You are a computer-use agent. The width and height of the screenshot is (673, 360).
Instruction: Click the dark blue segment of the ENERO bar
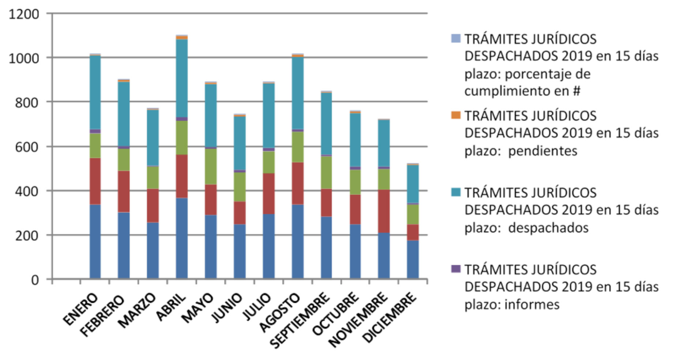point(95,241)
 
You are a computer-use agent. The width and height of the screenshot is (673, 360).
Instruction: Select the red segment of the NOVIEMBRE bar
point(384,211)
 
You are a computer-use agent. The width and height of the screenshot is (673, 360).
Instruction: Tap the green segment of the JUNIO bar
point(240,187)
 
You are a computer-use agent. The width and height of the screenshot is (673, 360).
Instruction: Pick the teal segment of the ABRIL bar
point(182,78)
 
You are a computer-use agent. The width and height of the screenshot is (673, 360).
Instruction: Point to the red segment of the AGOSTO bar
point(298,183)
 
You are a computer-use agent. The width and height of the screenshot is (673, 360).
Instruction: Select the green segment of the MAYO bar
point(211,166)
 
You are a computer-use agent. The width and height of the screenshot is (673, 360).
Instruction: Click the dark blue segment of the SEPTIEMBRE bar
point(326,247)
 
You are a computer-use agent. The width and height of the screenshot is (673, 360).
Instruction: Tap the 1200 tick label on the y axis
point(24,14)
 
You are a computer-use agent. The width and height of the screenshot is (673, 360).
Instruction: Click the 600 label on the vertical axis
point(26,147)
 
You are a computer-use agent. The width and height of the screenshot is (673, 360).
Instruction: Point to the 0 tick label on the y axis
point(35,280)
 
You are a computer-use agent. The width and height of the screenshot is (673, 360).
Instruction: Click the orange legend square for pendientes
point(456,115)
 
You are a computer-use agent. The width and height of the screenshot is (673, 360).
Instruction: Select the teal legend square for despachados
point(456,192)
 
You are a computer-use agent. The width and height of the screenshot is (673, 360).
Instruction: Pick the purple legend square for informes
point(456,269)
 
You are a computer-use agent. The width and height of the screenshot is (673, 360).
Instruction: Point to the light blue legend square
point(456,38)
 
